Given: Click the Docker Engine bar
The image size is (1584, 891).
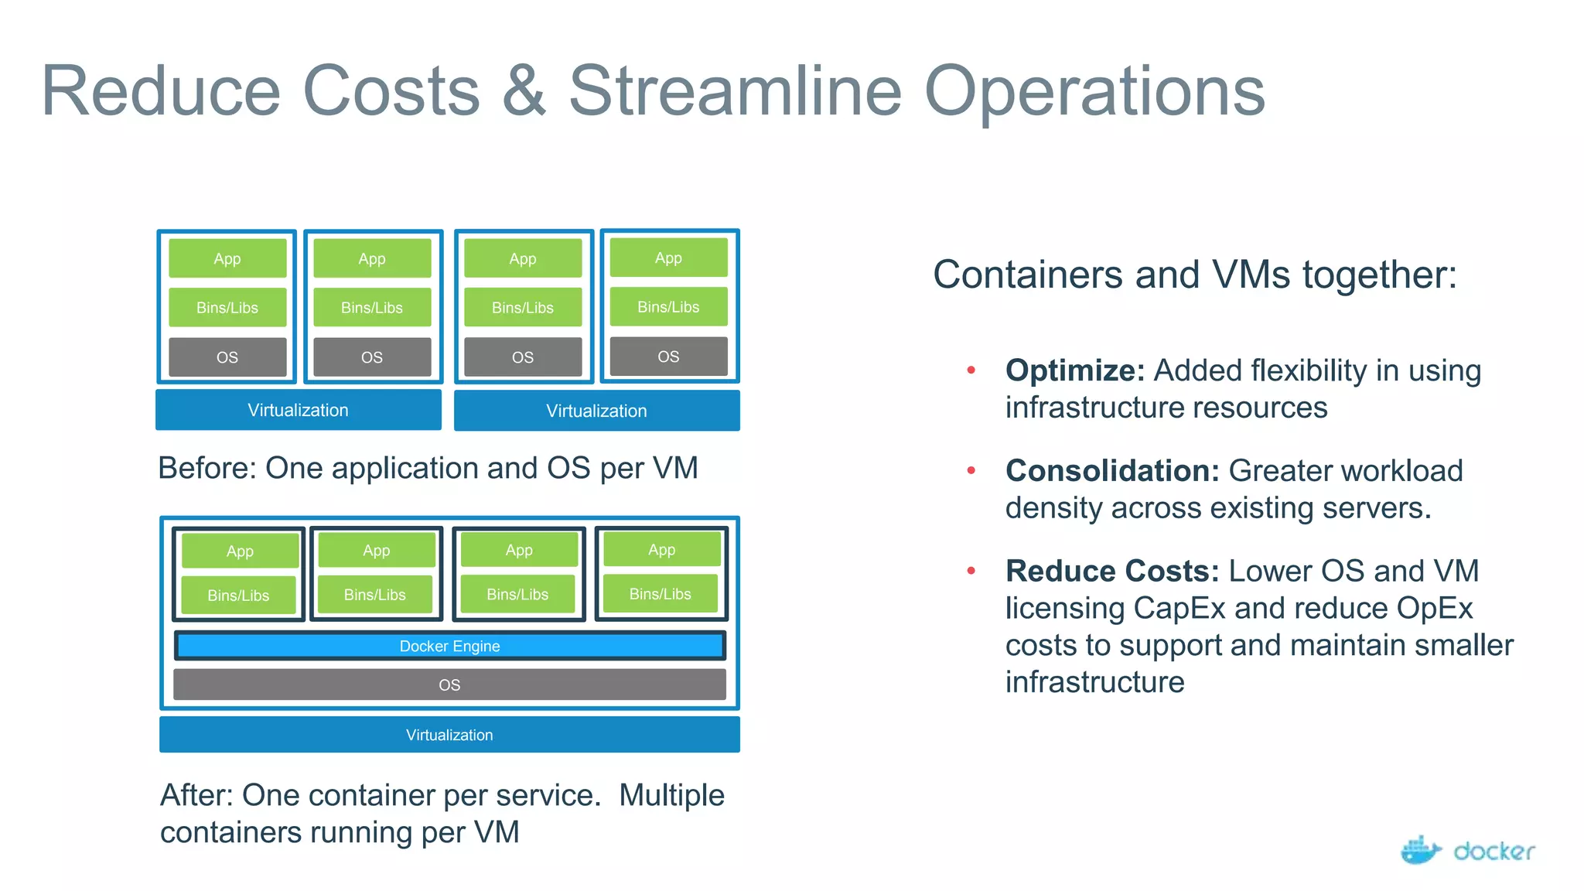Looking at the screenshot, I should [449, 646].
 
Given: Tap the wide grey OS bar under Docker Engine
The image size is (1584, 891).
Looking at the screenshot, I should [449, 684].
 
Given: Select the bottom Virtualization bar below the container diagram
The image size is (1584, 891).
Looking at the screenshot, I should [449, 734].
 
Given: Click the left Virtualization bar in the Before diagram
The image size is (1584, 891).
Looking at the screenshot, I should [298, 410].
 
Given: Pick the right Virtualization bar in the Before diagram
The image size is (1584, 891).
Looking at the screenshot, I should [596, 411].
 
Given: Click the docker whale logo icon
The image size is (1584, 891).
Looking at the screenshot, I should [1420, 850].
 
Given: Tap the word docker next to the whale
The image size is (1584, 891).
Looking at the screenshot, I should [1494, 852].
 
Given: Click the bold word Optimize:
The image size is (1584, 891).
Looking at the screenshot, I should [1074, 370].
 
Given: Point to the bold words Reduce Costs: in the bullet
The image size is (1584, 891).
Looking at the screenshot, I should [1111, 571].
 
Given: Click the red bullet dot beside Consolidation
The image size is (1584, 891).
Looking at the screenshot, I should [971, 470].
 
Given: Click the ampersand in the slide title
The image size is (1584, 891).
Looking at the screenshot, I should [524, 91].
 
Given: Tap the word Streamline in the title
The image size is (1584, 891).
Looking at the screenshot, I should [736, 91].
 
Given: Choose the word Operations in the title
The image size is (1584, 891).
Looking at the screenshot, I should [1094, 91].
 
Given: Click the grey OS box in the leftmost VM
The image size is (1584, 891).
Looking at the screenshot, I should [227, 357].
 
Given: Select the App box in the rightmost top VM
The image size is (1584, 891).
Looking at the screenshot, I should [668, 258].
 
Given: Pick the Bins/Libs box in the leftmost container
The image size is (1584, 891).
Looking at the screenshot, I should [238, 596].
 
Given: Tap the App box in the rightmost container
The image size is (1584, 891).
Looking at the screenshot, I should [661, 550].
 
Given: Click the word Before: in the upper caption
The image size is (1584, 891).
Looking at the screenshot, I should [207, 468].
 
